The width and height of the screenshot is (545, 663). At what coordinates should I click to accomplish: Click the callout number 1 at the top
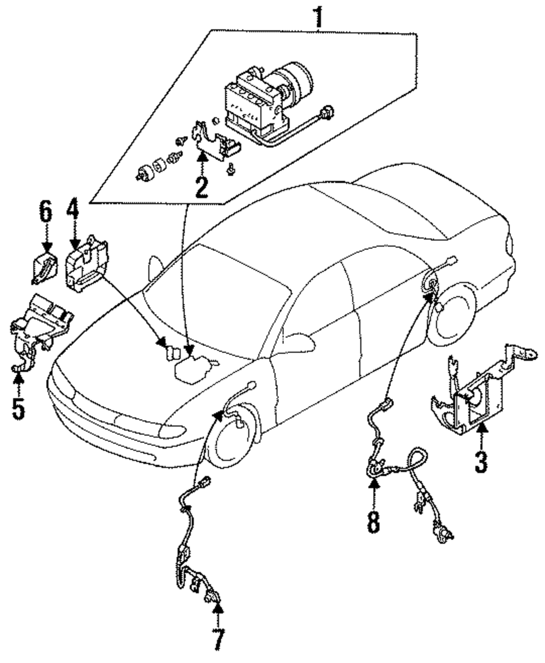point(319,17)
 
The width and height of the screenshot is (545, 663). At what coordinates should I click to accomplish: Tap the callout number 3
point(481,462)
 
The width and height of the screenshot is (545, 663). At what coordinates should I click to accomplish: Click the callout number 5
point(19,408)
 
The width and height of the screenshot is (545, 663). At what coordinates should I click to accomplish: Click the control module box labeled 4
point(87,264)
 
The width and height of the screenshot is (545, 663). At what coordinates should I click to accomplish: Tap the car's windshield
point(216,302)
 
